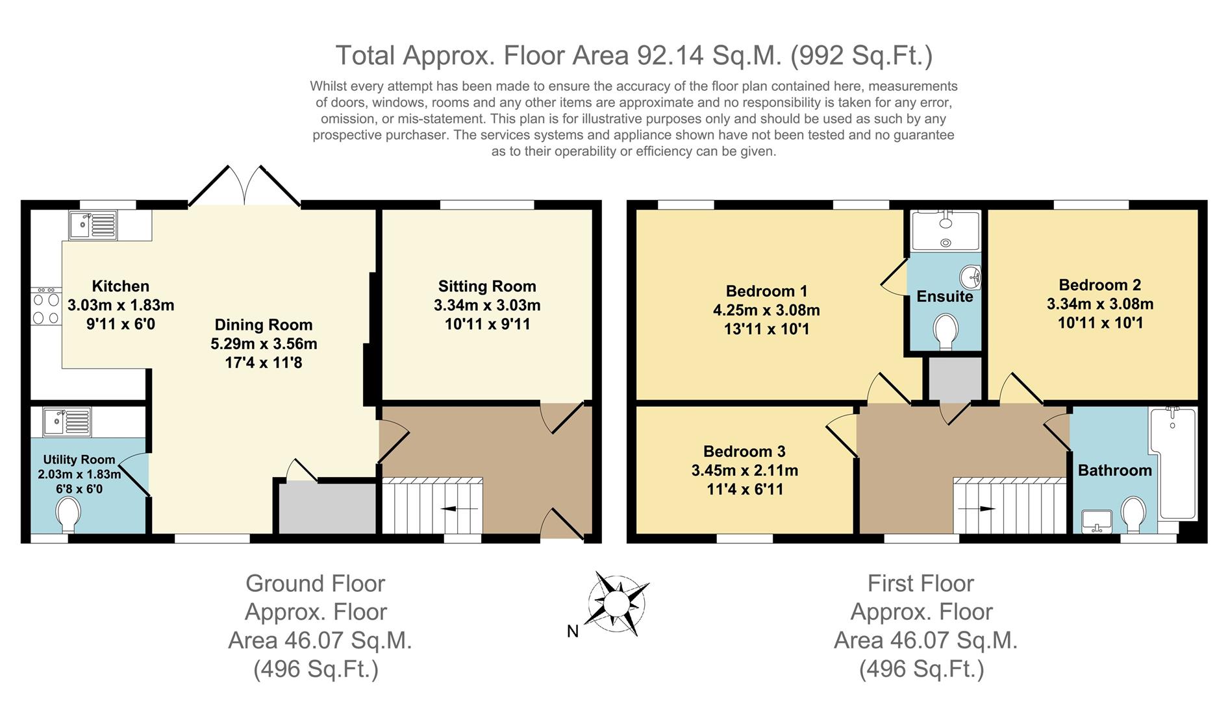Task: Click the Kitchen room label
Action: [121, 286]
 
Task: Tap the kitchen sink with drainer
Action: [93, 225]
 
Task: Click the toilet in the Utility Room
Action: [68, 514]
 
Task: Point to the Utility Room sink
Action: [67, 422]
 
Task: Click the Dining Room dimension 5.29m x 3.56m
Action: [264, 344]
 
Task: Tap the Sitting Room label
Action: [487, 286]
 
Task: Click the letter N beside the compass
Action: [573, 631]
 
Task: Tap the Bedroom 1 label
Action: [766, 291]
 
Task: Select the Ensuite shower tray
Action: [946, 230]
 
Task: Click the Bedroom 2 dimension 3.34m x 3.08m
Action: [1100, 304]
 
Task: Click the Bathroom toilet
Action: [1134, 515]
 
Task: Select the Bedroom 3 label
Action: [744, 451]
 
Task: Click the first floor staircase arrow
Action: [977, 510]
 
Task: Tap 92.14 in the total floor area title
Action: [670, 55]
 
